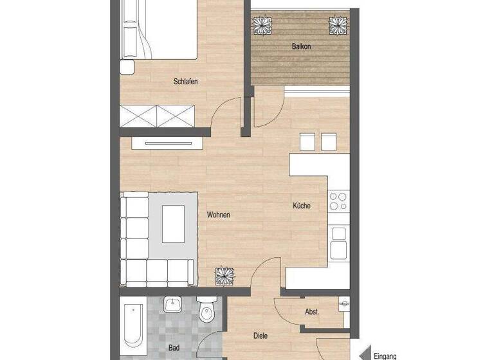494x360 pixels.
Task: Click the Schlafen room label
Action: coord(185,82)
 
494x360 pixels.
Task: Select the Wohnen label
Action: coord(218,215)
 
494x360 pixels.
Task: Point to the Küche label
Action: coord(302,206)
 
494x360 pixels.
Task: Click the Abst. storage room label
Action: coord(312,312)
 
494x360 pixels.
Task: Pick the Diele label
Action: coord(261,336)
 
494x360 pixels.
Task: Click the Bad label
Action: coord(174,348)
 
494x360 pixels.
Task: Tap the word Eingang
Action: coord(384,355)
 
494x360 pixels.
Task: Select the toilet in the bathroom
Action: coord(206,311)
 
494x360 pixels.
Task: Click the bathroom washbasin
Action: coord(172,304)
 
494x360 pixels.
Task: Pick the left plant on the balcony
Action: coord(263,26)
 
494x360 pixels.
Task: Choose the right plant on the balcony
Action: coord(338,25)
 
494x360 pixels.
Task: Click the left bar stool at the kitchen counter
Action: coord(307,141)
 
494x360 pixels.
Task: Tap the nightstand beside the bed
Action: coord(127,67)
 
